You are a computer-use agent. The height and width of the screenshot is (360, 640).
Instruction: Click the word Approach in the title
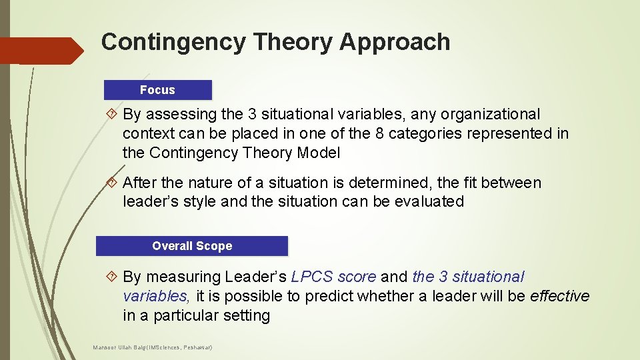pos(395,42)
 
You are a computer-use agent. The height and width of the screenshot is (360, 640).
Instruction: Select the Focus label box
pos(158,90)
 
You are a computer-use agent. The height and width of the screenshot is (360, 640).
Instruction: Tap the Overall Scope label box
pos(192,246)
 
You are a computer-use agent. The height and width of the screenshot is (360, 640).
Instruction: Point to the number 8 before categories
pos(379,133)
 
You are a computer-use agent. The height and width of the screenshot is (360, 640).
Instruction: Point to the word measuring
pos(183,277)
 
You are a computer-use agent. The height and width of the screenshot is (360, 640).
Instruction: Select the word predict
pos(329,295)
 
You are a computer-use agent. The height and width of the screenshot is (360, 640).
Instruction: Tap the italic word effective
pos(559,295)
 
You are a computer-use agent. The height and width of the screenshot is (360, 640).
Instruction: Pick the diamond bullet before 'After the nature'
pos(112,183)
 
